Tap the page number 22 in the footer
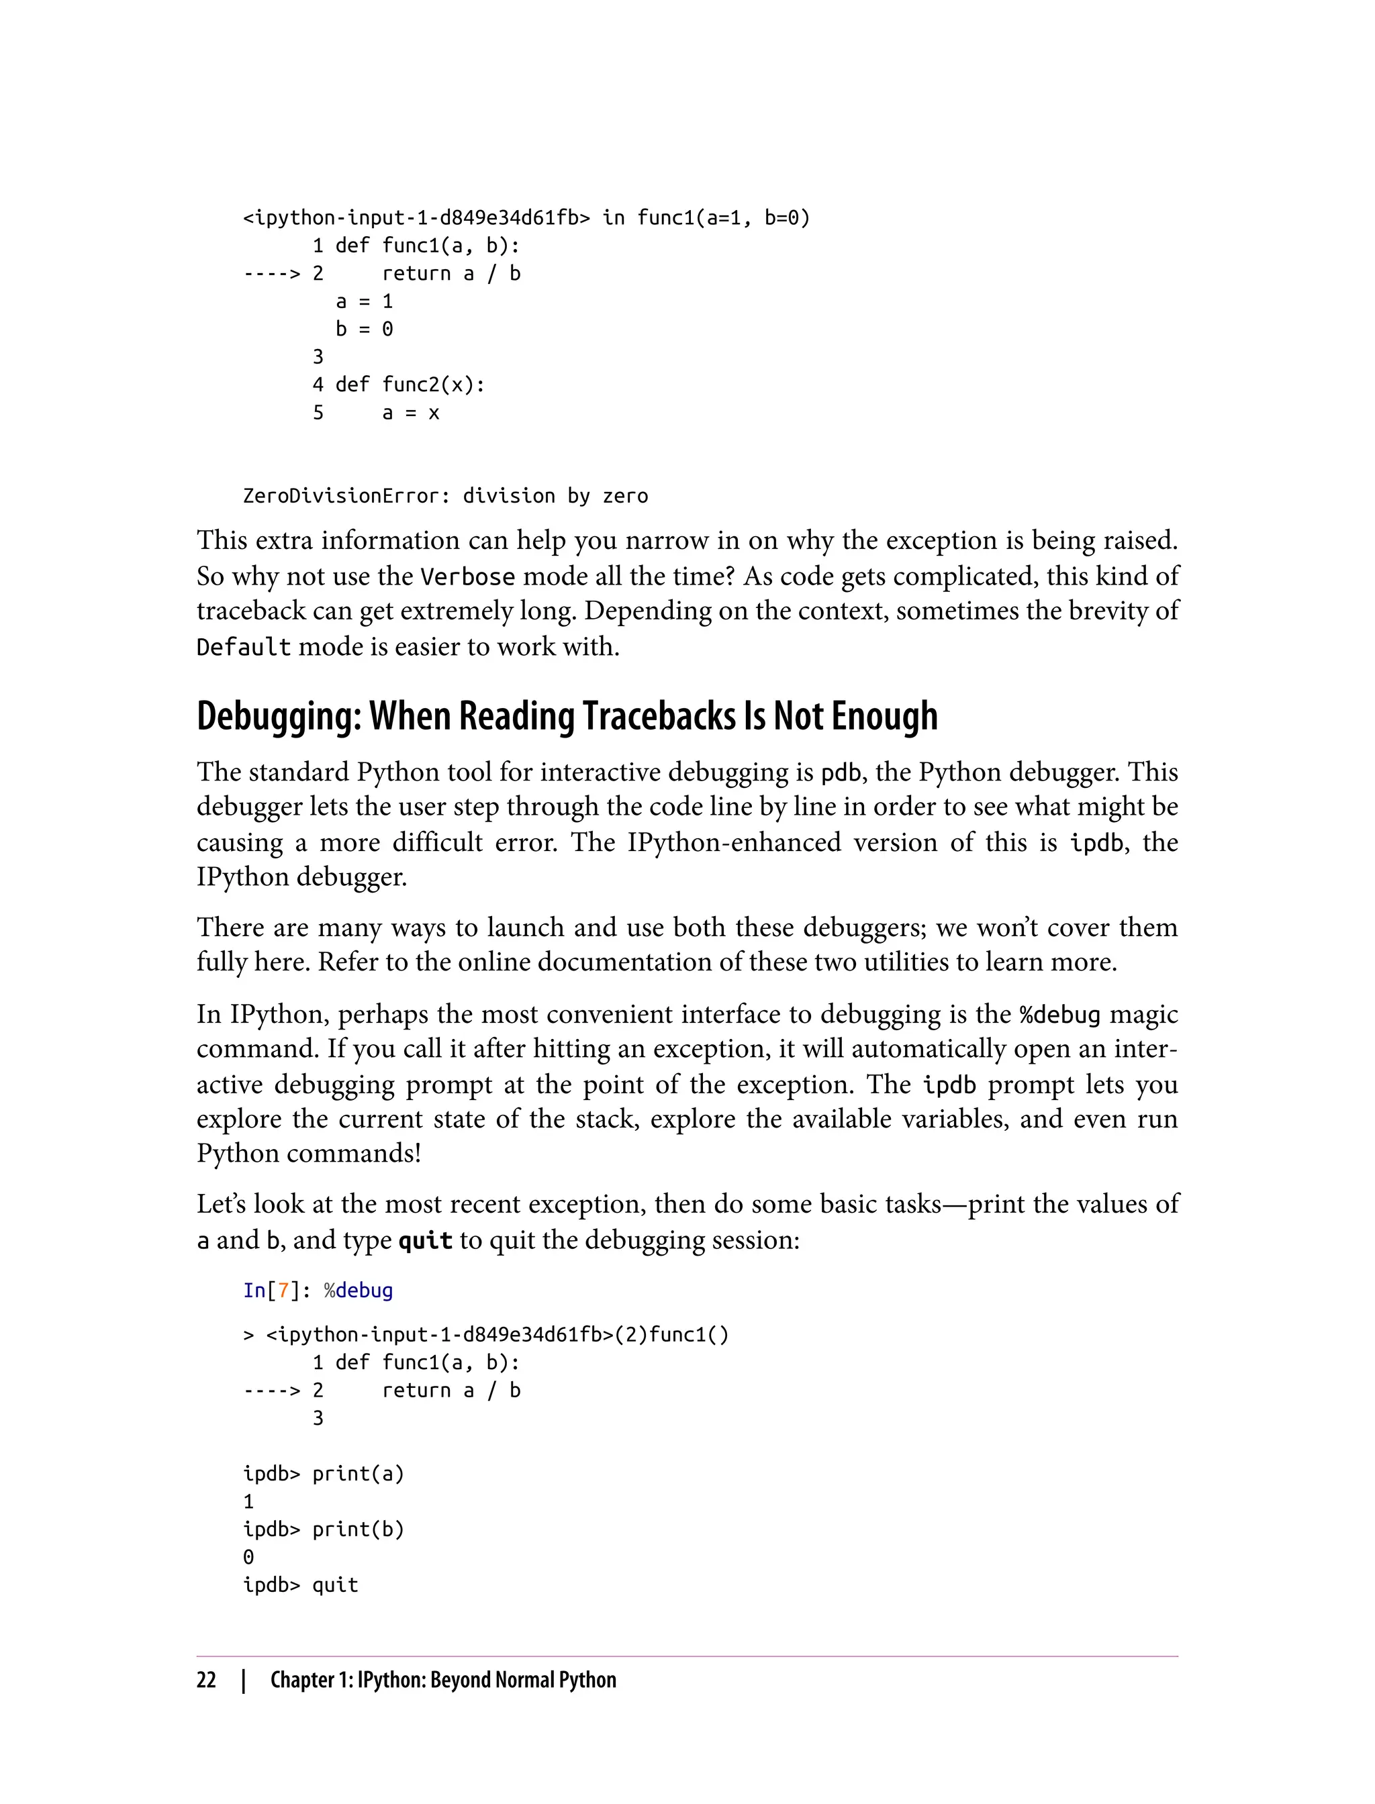[x=206, y=1681]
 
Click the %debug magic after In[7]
[x=359, y=1290]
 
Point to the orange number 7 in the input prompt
[x=283, y=1290]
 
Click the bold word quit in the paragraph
[x=425, y=1240]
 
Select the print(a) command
[x=359, y=1474]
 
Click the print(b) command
[x=359, y=1529]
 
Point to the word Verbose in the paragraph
[x=467, y=577]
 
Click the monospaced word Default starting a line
[x=243, y=647]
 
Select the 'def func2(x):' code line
[x=410, y=385]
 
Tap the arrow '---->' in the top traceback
[x=272, y=273]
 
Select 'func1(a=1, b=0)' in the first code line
[x=724, y=217]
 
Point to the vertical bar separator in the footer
[x=243, y=1681]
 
